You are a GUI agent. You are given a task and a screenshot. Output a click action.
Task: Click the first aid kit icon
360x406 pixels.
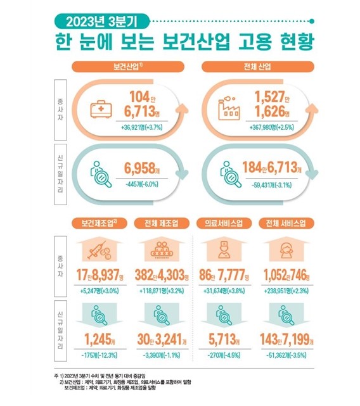[x=101, y=108]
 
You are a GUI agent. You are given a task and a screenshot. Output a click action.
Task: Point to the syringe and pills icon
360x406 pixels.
[x=100, y=252]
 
